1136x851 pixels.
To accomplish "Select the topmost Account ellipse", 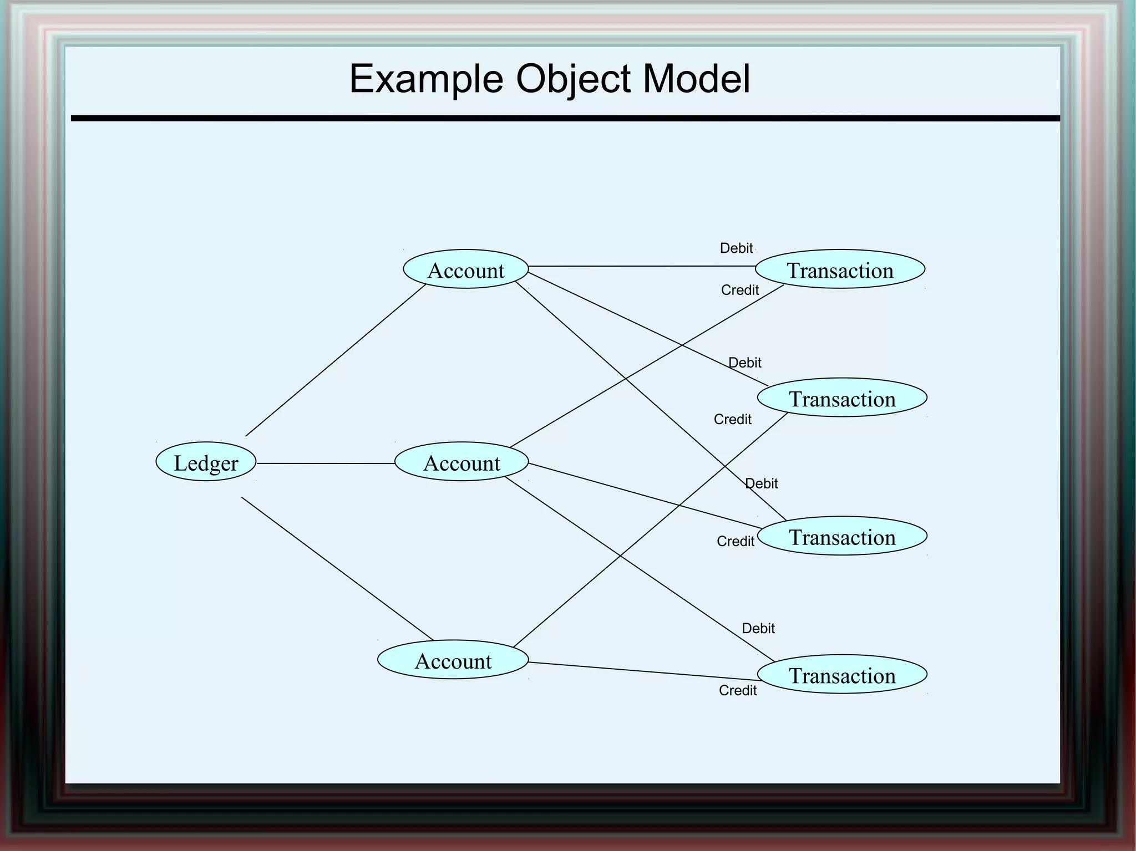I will coord(465,269).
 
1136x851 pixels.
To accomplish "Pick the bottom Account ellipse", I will coord(453,660).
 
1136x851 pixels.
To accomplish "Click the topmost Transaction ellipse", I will coord(840,269).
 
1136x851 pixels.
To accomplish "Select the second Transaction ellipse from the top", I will coord(842,398).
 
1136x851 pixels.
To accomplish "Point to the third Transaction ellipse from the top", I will coord(842,536).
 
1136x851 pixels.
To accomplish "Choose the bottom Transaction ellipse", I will coord(842,674).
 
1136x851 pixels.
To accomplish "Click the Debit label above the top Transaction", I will coord(736,248).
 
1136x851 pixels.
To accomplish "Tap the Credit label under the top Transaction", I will coord(739,290).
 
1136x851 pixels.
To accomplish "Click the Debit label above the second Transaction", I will coord(744,363).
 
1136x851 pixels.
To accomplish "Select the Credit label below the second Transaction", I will coord(732,419).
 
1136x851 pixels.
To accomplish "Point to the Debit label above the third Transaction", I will coord(761,483).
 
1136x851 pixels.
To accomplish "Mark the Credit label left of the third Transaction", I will coord(735,541).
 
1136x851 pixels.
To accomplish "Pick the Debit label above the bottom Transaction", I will coord(758,628).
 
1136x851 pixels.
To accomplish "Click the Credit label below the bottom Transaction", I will coord(737,690).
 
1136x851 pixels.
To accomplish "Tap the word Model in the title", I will coord(696,79).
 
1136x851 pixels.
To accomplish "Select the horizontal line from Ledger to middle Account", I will coord(325,463).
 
